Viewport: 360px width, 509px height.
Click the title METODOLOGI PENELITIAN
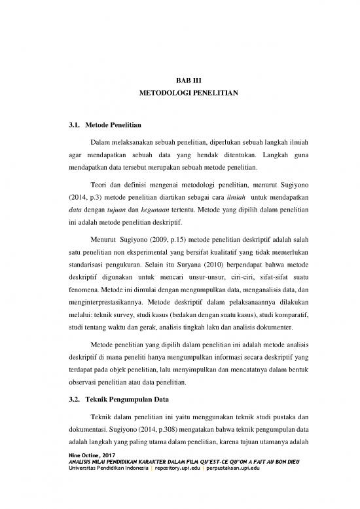click(x=180, y=94)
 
